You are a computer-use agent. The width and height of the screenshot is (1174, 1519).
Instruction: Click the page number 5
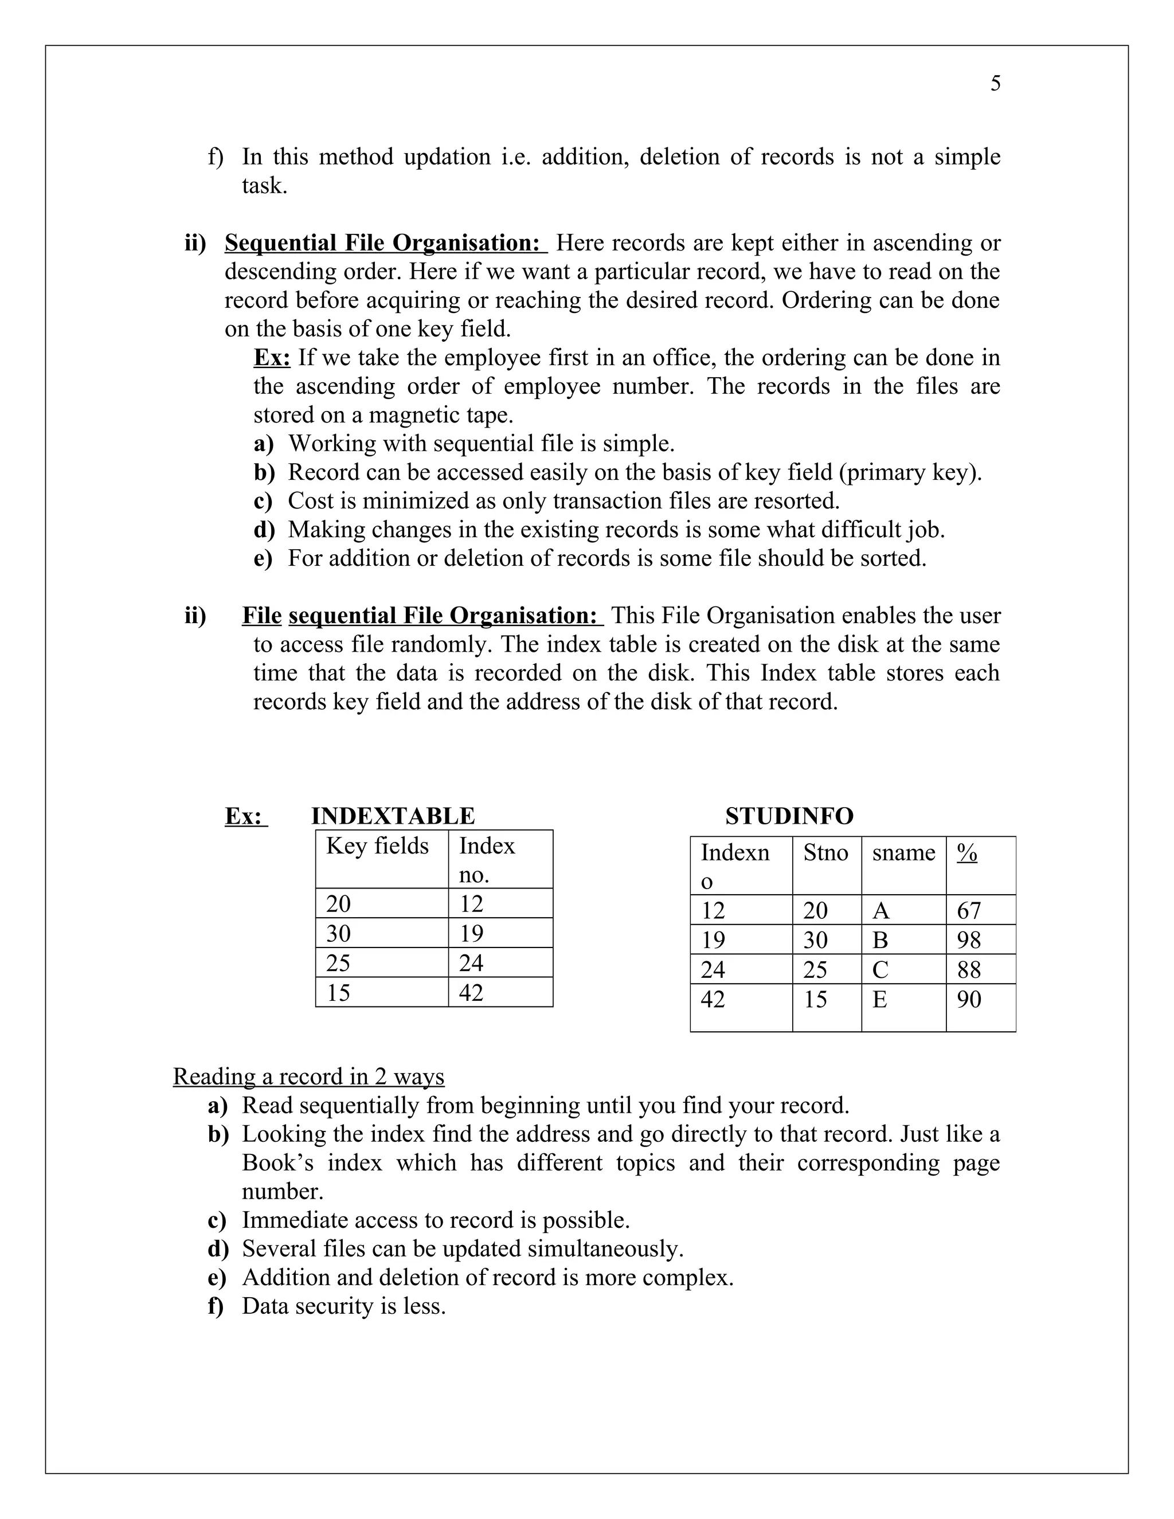tap(995, 84)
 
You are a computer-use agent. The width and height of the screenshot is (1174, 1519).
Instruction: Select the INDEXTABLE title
tap(392, 816)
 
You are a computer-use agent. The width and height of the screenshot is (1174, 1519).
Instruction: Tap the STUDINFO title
tap(789, 816)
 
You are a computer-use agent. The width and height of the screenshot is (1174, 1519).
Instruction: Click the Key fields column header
tap(377, 845)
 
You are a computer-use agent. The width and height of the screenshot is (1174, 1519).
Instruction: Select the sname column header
tap(903, 853)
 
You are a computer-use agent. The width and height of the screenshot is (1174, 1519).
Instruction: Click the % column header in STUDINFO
tap(966, 853)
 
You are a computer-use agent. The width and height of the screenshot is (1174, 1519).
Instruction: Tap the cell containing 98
tap(968, 940)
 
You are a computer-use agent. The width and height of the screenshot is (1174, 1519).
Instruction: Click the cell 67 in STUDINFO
tap(968, 910)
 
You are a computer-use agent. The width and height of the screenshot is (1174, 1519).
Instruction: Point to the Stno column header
tap(825, 853)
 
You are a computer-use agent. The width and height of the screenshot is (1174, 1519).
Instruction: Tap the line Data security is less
tap(343, 1306)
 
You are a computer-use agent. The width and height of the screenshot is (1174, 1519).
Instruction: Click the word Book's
tap(277, 1163)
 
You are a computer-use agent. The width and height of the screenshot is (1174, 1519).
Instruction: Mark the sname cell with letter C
tap(880, 969)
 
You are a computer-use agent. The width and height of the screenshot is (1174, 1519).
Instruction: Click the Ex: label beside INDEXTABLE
tap(245, 816)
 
